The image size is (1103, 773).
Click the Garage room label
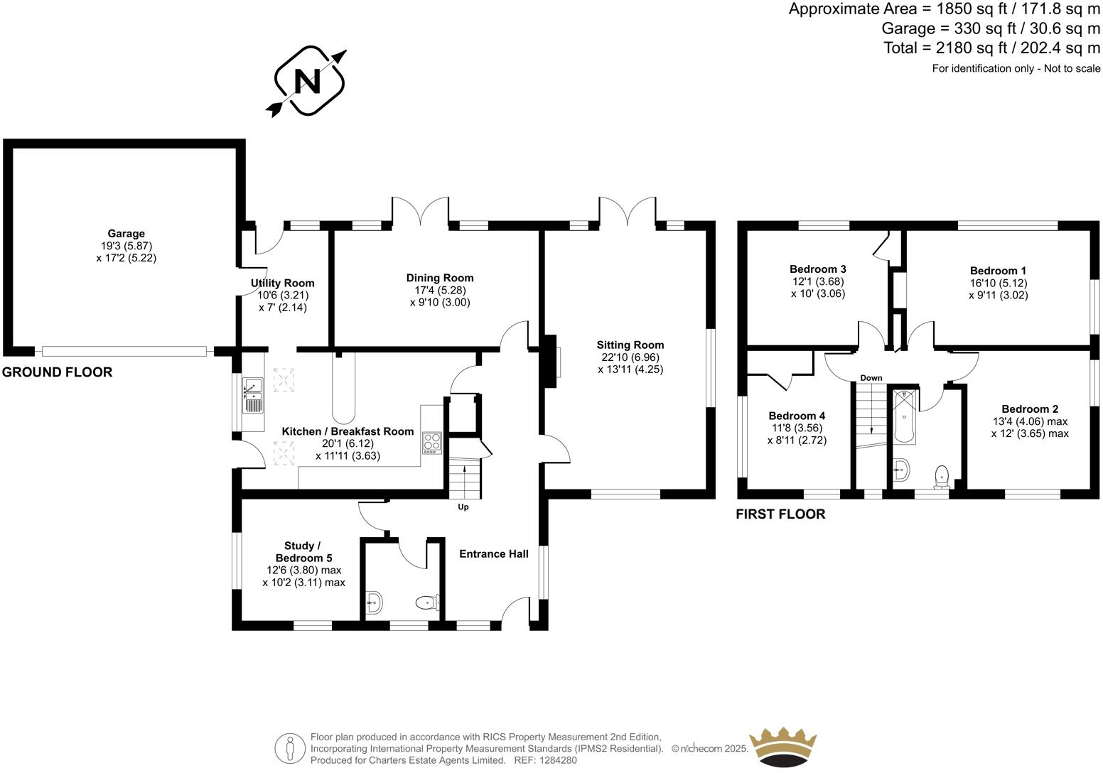coord(126,234)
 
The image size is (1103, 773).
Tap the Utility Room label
coord(282,283)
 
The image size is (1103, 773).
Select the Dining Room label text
coord(439,278)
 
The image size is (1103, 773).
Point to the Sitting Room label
coord(630,345)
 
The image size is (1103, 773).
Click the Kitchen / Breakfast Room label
coord(348,431)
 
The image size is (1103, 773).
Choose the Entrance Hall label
coord(493,554)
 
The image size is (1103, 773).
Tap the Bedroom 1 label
coord(998,271)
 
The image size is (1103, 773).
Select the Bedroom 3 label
coord(817,269)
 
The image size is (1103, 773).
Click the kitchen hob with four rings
coord(431,443)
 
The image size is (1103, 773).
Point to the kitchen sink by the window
coord(253,396)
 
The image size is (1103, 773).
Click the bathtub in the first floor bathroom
coord(904,416)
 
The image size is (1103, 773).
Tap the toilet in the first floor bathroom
coord(942,476)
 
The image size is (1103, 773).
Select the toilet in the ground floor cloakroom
coord(426,603)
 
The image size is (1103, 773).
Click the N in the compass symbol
coord(309,82)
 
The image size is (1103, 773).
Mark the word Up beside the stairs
coord(463,507)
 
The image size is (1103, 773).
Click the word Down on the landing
coord(871,378)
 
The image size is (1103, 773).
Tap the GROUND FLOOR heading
coord(57,372)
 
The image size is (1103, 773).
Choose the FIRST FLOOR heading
coord(780,514)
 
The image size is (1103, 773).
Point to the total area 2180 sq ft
coord(991,48)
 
